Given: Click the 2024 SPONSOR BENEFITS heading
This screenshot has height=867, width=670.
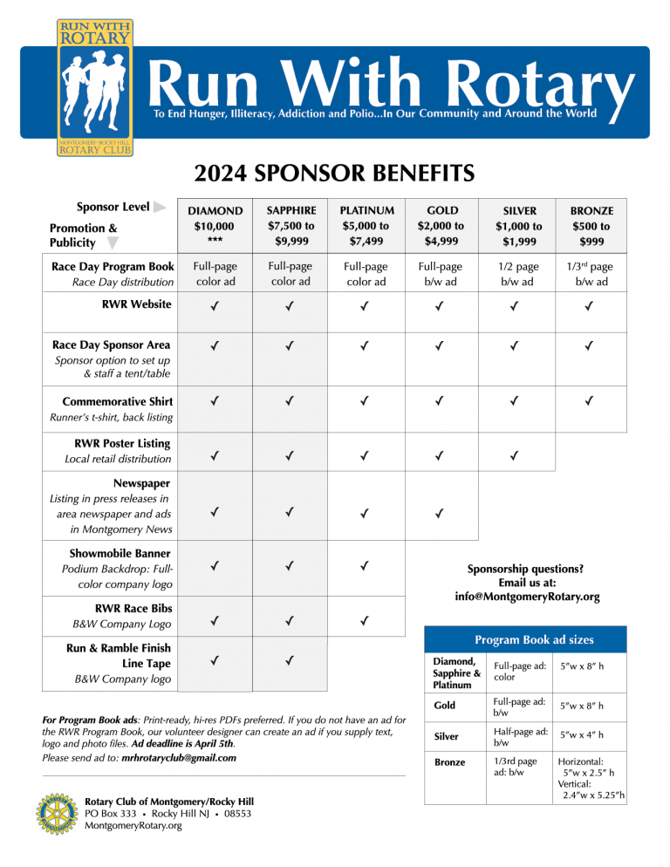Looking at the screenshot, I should pos(334,173).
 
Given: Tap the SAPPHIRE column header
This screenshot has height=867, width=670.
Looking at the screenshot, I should pos(291,225).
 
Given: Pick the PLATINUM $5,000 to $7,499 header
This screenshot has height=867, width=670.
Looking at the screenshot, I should pos(366,225).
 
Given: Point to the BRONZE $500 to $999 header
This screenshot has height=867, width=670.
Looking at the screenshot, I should pos(592,225).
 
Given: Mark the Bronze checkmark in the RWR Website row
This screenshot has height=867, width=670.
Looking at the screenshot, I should pos(592,306).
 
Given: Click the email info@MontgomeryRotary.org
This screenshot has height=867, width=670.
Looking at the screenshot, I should pos(527,597).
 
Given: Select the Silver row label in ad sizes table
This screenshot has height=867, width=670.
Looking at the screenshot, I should pos(448,736).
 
